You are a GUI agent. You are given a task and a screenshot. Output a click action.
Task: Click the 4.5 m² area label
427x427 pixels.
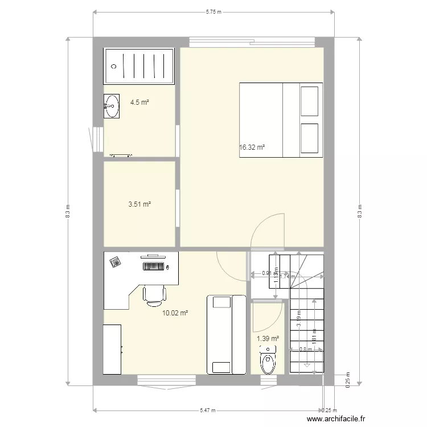point(139,102)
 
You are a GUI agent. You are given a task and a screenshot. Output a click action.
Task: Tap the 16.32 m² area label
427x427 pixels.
point(252,147)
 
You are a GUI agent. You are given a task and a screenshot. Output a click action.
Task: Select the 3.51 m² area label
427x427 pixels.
point(139,204)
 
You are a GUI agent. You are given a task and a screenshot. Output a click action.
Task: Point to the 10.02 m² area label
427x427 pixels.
point(175,313)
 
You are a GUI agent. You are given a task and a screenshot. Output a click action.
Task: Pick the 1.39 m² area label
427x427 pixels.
point(268,338)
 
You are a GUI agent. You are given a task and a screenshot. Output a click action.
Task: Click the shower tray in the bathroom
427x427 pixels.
point(138,66)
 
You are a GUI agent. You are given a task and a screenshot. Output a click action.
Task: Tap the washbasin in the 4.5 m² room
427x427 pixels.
point(112,106)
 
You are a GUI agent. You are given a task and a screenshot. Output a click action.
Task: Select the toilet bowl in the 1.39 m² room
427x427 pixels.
point(268,362)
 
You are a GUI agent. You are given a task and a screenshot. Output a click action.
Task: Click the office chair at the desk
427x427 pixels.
point(154,294)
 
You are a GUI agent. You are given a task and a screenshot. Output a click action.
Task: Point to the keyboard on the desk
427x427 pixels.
point(154,265)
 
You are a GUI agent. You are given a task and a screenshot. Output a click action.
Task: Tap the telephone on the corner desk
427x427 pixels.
point(116,262)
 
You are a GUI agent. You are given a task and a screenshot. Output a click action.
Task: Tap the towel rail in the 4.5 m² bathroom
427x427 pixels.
point(121,154)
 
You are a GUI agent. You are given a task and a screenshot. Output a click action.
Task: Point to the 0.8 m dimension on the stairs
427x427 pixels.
point(302,350)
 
